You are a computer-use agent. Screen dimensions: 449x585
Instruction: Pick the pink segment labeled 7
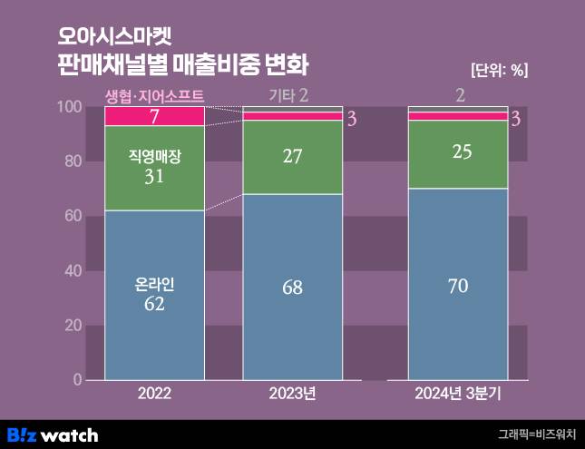tap(154, 116)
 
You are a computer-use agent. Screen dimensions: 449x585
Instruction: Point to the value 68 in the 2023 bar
tap(292, 288)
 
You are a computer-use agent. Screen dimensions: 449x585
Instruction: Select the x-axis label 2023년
tap(292, 395)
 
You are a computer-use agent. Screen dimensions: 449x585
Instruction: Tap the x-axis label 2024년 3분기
tap(458, 395)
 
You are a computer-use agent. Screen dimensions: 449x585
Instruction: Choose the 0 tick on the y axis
tap(78, 379)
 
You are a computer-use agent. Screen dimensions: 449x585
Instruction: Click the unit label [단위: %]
tap(499, 71)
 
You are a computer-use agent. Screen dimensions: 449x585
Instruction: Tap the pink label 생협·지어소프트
tap(154, 94)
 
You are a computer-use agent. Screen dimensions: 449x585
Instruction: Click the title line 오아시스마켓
tap(113, 37)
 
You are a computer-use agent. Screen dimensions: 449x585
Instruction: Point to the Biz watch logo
tap(53, 434)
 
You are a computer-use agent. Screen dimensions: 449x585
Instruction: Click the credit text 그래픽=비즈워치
tap(536, 434)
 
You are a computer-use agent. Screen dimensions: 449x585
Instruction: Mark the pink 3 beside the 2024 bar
tap(515, 119)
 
